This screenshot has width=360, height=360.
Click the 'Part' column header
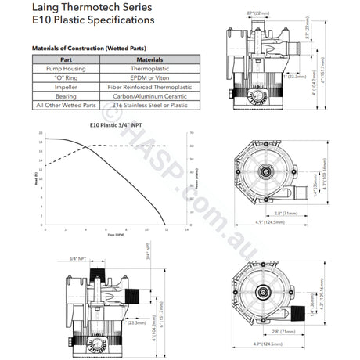point(65,59)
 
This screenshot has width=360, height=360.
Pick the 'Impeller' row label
point(65,86)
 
